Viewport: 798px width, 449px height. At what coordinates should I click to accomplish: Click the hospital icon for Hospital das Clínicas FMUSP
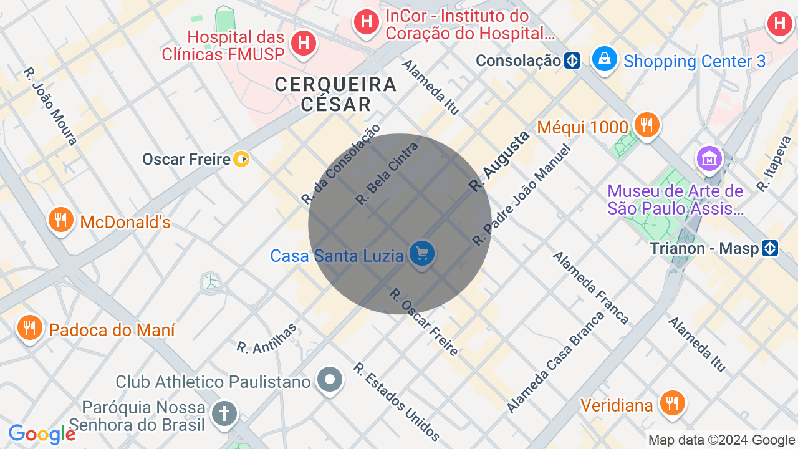pyautogui.click(x=304, y=43)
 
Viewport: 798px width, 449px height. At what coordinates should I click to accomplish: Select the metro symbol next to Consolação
pyautogui.click(x=572, y=60)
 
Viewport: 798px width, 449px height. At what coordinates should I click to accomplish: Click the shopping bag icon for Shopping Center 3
pyautogui.click(x=603, y=60)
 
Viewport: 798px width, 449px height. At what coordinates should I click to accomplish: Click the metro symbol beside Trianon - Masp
pyautogui.click(x=771, y=248)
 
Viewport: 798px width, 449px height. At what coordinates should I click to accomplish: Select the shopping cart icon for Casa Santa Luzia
pyautogui.click(x=422, y=254)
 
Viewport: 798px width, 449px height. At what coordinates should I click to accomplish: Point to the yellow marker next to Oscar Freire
pyautogui.click(x=241, y=160)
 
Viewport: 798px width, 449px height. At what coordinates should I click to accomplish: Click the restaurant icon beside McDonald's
pyautogui.click(x=61, y=220)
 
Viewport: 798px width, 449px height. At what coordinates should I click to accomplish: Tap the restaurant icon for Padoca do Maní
pyautogui.click(x=29, y=327)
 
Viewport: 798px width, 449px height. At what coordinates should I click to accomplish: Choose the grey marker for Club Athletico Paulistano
pyautogui.click(x=330, y=379)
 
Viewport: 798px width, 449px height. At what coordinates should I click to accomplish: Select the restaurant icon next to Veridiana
pyautogui.click(x=671, y=403)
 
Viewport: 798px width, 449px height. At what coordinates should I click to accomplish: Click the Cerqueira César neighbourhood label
pyautogui.click(x=336, y=94)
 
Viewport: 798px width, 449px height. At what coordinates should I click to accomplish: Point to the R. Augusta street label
pyautogui.click(x=499, y=161)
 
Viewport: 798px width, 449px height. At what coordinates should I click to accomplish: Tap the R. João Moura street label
pyautogui.click(x=50, y=106)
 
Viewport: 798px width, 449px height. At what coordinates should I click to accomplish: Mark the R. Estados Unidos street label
pyautogui.click(x=397, y=402)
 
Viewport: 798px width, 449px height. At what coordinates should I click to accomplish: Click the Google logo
pyautogui.click(x=42, y=435)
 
